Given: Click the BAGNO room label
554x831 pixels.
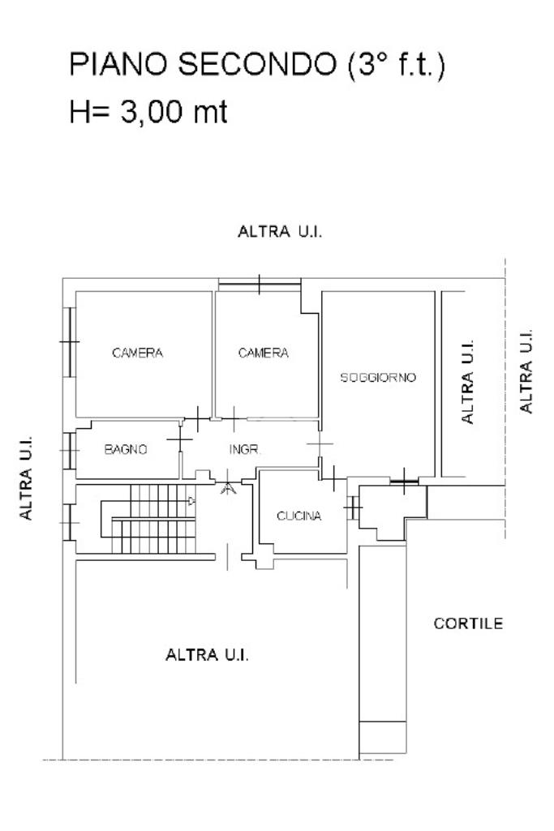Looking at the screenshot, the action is coord(126,449).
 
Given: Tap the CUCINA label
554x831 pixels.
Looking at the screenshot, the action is coord(299,516).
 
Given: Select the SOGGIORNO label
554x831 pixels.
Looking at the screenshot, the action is coord(378,377).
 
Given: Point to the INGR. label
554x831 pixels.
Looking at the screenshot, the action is coord(244,449).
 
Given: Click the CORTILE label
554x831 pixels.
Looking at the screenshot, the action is coord(468,623).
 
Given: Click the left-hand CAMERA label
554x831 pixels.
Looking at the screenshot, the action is coord(137,353).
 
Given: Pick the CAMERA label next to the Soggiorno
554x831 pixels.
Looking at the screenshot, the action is coord(264,353).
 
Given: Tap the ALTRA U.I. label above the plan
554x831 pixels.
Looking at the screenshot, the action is coord(280,232).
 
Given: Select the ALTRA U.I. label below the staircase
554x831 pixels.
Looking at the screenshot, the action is coord(208,655).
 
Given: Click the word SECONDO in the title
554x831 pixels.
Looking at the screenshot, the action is coord(257,64).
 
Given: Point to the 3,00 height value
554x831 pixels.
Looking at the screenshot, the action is coord(152,112).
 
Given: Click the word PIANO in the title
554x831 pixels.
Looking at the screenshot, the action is coord(118,64).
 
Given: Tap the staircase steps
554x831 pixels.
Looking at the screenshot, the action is coord(153,519).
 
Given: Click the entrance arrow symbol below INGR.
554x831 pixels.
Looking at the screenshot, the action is coord(229,486).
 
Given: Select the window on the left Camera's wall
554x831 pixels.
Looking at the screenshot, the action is coord(70,342).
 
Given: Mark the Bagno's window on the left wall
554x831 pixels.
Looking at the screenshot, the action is coord(70,451).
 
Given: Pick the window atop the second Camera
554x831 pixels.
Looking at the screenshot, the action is coord(260,285).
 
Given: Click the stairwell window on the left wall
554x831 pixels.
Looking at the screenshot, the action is coord(70,522).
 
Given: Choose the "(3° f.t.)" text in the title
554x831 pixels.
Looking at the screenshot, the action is coord(397,65).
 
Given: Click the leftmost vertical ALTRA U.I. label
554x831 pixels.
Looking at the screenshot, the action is coord(25,478).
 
